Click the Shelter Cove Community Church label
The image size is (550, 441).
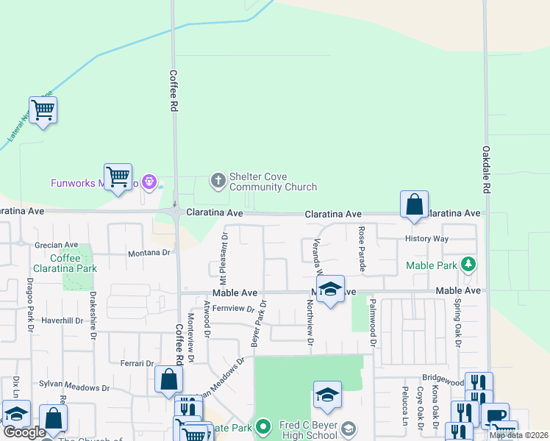[273, 182]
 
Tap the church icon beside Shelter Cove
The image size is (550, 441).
[218, 179]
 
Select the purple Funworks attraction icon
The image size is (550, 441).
[150, 181]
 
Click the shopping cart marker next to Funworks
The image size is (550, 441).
[118, 177]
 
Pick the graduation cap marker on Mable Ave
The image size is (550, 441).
[331, 289]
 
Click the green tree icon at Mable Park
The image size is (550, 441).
[467, 265]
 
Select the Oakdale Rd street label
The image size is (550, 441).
[486, 170]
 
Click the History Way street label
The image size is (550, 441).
[426, 239]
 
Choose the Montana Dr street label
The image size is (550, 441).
[149, 252]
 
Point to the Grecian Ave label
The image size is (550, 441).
[57, 245]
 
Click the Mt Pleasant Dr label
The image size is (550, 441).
[225, 258]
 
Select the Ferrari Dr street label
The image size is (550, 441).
[137, 363]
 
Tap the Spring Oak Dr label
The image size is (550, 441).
[457, 323]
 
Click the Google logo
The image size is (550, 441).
[24, 433]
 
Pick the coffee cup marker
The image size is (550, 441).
[495, 415]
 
